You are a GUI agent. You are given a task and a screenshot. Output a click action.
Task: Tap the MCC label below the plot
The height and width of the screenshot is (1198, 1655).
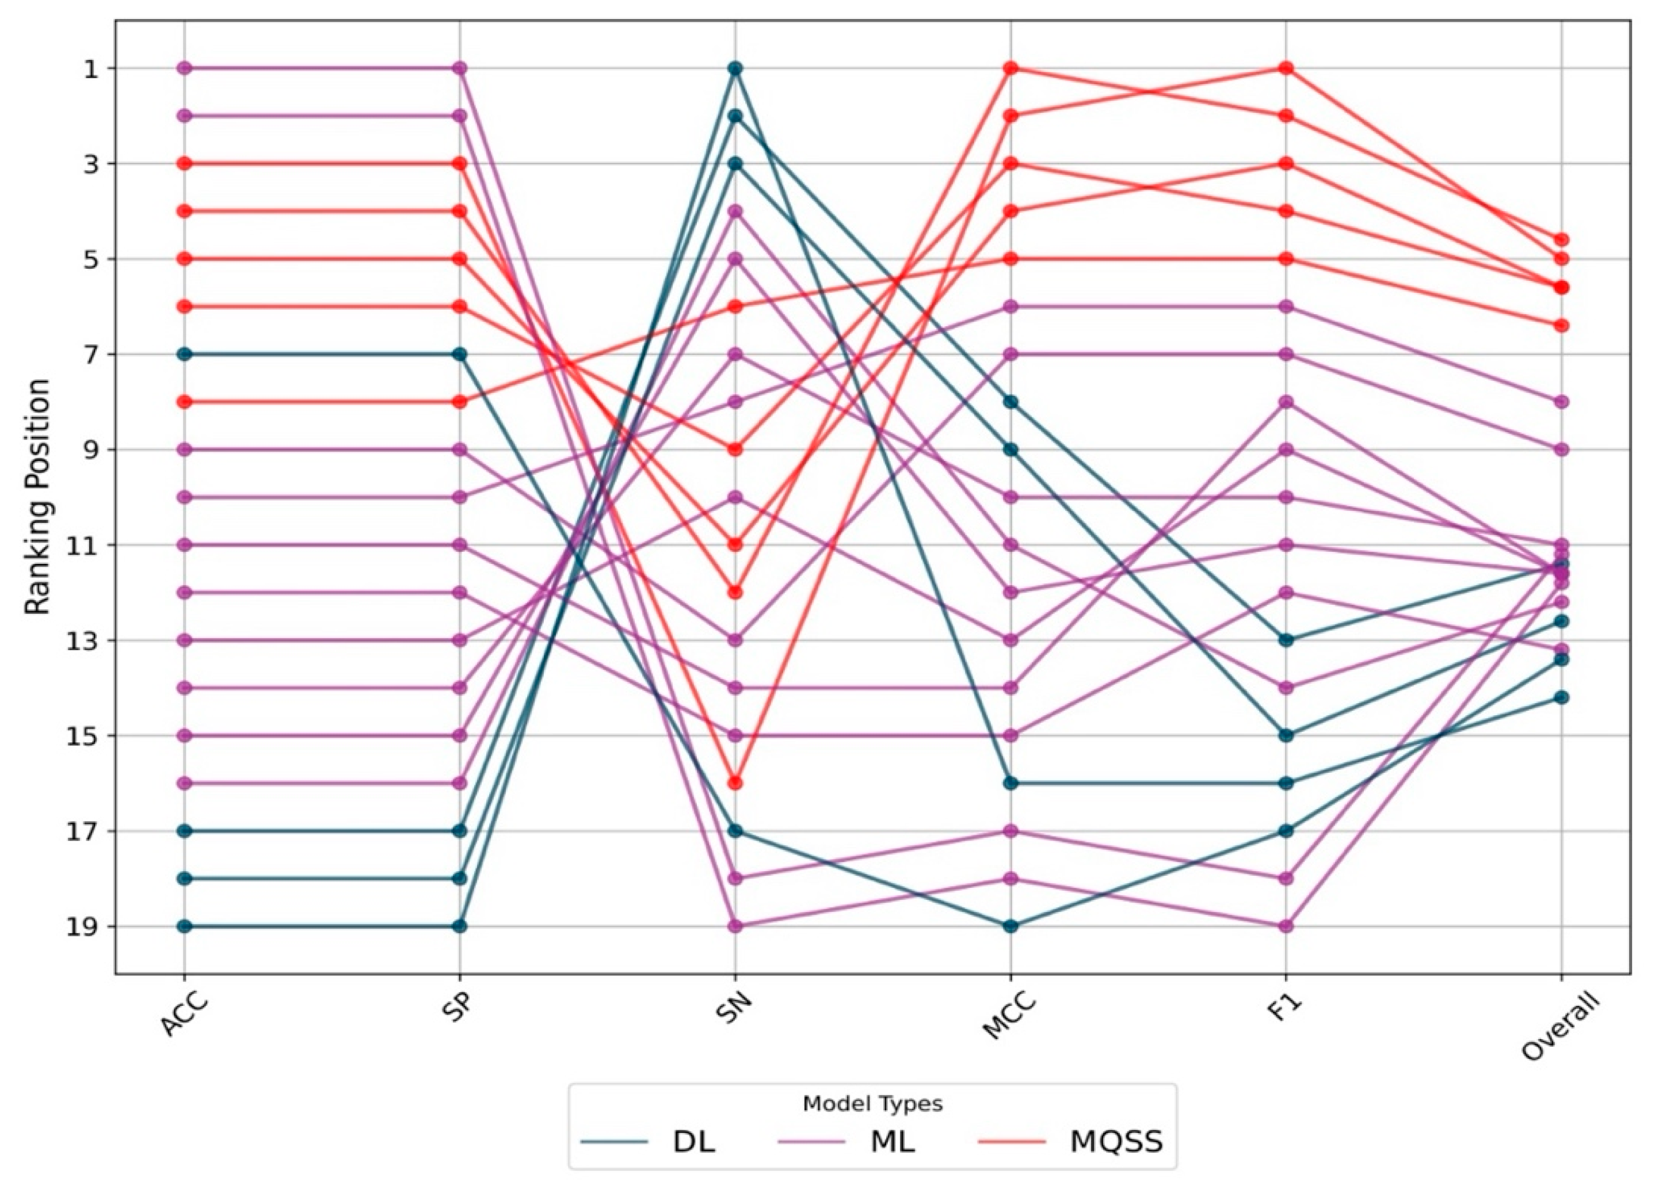1007,1015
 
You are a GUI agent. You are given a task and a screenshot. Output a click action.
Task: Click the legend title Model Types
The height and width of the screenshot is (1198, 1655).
872,1104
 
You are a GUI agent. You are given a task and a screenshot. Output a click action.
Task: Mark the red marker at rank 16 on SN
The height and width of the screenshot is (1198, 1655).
735,783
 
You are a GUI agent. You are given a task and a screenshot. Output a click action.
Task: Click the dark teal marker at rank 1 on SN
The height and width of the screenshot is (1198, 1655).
735,68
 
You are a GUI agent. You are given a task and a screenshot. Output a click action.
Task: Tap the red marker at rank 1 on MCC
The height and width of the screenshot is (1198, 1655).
1010,68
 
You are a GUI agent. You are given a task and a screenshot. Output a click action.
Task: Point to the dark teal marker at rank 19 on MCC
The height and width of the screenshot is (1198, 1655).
1010,926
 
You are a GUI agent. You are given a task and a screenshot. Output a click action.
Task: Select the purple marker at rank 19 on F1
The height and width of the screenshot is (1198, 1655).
1286,926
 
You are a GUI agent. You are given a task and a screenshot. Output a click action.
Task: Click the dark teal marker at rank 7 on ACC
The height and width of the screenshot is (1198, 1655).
185,354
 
